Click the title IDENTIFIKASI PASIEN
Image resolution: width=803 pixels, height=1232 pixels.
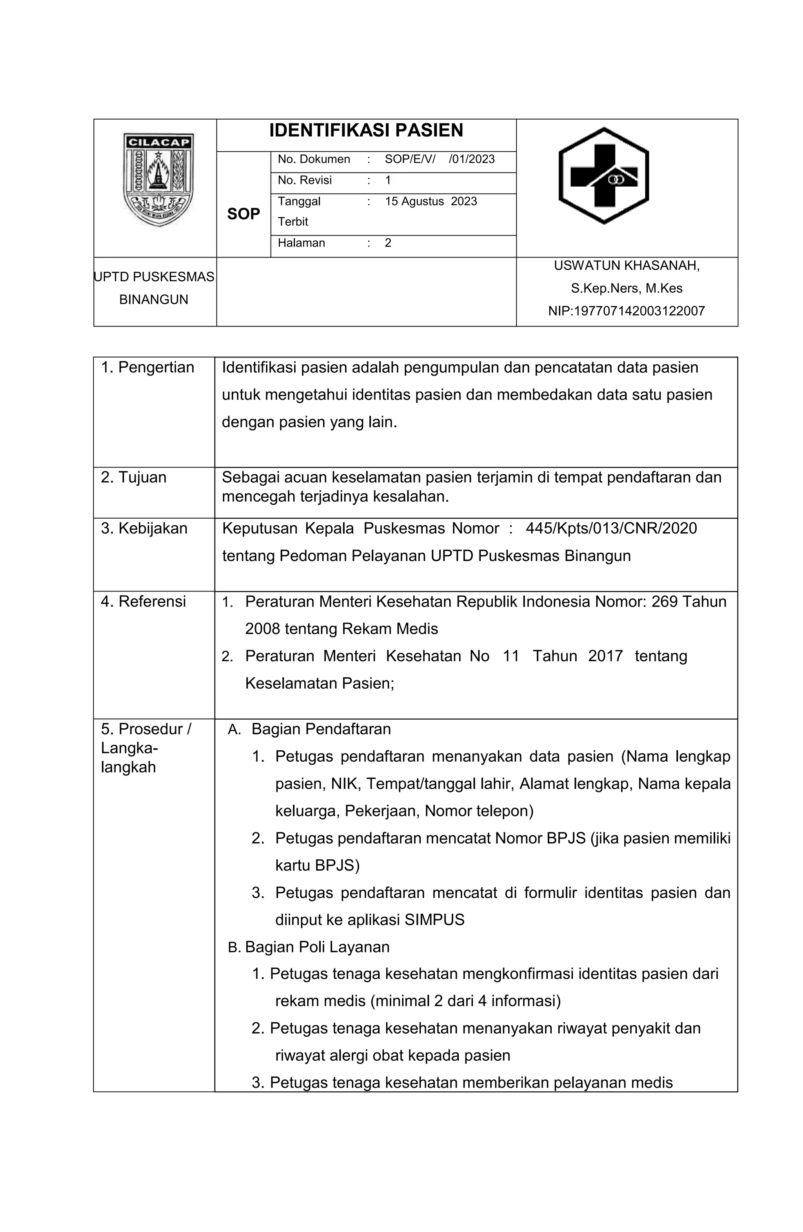pyautogui.click(x=366, y=131)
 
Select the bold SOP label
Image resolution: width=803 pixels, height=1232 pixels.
pyautogui.click(x=243, y=214)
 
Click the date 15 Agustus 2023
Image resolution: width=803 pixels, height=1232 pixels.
pyautogui.click(x=431, y=201)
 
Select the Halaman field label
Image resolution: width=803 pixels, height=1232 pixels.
pyautogui.click(x=301, y=243)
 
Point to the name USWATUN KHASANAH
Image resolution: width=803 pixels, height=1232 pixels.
pyautogui.click(x=627, y=265)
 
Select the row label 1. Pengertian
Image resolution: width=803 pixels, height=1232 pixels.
pyautogui.click(x=147, y=368)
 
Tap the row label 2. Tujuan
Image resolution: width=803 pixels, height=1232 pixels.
pyautogui.click(x=134, y=477)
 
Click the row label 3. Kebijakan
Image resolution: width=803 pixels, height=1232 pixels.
pyautogui.click(x=144, y=528)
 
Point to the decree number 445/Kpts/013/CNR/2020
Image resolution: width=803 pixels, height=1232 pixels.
pyautogui.click(x=611, y=528)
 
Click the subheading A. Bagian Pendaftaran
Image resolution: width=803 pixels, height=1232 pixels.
pyautogui.click(x=310, y=729)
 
